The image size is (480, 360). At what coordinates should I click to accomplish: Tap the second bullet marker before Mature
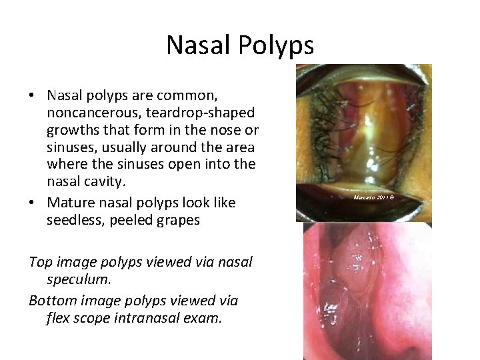click(32, 202)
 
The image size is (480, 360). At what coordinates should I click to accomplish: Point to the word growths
click(74, 129)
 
